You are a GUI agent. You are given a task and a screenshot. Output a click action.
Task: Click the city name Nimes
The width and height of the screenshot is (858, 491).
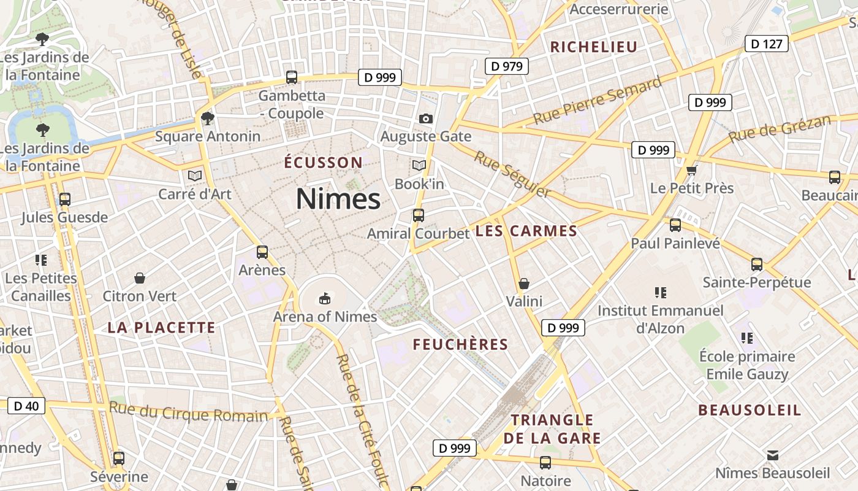(x=338, y=199)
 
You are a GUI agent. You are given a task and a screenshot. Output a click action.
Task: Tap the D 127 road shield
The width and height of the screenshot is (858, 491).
(x=766, y=44)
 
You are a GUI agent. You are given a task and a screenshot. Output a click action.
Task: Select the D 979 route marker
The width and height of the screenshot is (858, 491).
(x=506, y=66)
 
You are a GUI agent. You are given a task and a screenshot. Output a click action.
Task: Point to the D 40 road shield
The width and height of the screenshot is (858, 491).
(x=26, y=406)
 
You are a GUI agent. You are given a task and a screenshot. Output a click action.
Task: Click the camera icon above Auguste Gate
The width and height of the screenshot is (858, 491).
(x=425, y=118)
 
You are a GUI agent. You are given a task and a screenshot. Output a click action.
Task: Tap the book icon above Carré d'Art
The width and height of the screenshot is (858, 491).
(x=195, y=176)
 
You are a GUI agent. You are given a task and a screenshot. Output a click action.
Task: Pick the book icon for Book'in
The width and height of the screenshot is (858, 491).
(x=419, y=166)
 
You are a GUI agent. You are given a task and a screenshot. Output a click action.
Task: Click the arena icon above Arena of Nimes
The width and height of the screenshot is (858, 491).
(x=324, y=299)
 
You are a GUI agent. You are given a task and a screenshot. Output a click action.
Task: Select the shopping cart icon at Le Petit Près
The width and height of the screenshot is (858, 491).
(x=692, y=170)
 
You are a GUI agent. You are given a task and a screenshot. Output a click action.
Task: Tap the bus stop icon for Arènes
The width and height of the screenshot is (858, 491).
(x=262, y=252)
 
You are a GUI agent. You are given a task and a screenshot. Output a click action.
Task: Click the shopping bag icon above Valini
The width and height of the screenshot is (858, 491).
(x=524, y=284)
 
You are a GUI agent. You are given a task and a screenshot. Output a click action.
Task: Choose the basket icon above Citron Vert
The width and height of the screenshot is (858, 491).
(x=140, y=278)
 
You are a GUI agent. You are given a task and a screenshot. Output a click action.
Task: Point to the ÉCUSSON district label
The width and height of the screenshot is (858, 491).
(x=324, y=163)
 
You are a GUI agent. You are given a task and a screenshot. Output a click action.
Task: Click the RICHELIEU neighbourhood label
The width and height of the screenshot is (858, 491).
(x=594, y=47)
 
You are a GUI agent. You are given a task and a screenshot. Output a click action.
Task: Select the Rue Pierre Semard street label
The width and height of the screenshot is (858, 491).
(x=598, y=101)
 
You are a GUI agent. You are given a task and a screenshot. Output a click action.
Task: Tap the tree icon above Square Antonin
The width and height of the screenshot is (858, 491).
(x=208, y=118)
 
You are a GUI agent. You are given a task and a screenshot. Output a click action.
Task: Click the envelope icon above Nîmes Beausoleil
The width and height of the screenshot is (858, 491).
(x=773, y=455)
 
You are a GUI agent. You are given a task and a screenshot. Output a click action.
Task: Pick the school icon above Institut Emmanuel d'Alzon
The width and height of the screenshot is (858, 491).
(x=660, y=292)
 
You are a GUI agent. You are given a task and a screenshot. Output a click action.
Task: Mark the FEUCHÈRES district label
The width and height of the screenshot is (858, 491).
(x=460, y=344)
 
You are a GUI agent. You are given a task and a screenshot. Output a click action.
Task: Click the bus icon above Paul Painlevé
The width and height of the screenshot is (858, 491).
(x=675, y=225)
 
